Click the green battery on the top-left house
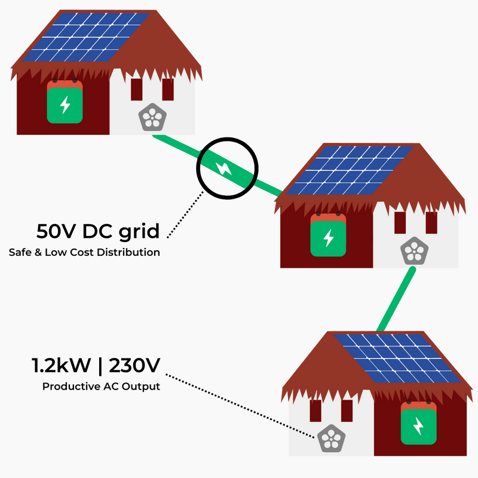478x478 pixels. (x=65, y=102)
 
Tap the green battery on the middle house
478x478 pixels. (x=328, y=236)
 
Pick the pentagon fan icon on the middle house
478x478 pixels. (x=414, y=251)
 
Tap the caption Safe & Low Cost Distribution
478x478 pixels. (x=84, y=252)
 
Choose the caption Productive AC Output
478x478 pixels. (x=101, y=387)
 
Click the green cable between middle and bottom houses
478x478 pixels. (x=396, y=299)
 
